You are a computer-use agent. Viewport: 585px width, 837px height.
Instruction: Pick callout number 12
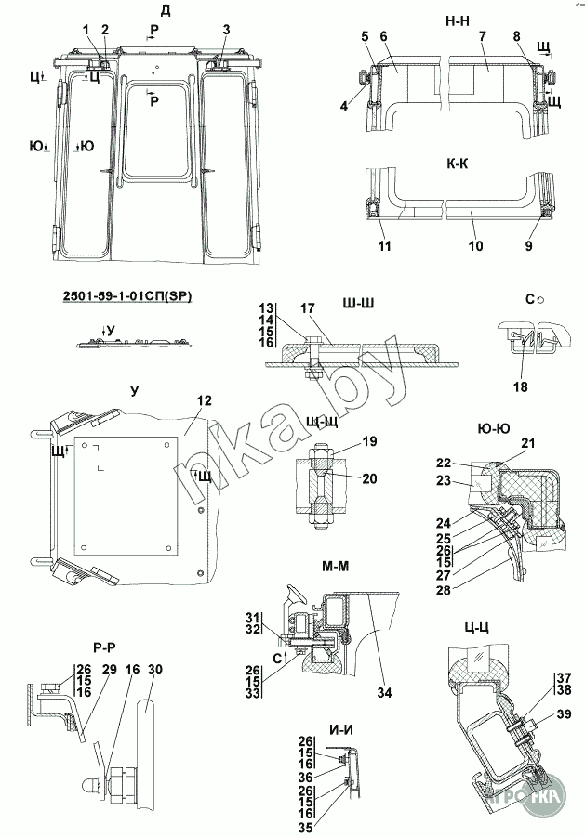pyautogui.click(x=205, y=400)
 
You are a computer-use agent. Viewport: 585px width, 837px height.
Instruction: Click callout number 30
pyautogui.click(x=154, y=669)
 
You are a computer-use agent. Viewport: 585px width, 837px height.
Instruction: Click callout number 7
pyautogui.click(x=482, y=36)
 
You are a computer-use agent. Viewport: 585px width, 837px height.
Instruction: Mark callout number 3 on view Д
pyautogui.click(x=225, y=29)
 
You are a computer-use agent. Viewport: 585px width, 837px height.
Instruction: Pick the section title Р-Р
pyautogui.click(x=104, y=647)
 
